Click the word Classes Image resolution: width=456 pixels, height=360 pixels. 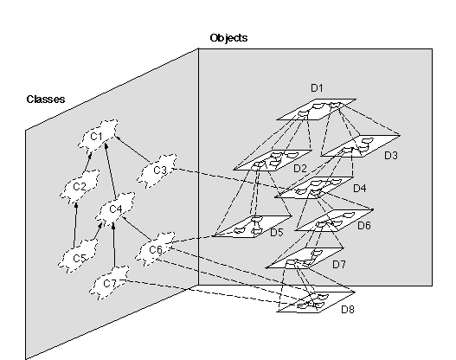[46, 100]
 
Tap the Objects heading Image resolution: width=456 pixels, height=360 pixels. [228, 38]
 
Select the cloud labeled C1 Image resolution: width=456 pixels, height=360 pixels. [99, 136]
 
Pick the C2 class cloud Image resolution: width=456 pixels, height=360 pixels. [80, 187]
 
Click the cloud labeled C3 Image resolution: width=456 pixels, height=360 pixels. [157, 170]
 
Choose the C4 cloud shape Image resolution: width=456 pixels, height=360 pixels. [115, 209]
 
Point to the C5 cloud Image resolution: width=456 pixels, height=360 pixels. [78, 256]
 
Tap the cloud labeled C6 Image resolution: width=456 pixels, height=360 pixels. [156, 249]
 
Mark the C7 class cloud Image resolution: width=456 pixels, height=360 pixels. [109, 282]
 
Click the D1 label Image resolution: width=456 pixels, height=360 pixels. [317, 87]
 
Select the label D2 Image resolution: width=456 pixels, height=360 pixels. [300, 169]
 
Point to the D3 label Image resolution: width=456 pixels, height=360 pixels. [391, 156]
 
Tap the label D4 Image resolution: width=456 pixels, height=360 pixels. [359, 189]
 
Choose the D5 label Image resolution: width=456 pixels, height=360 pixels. [277, 232]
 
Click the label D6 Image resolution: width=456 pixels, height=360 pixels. [364, 225]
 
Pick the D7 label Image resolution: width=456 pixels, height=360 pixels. [339, 264]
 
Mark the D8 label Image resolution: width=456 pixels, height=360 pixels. [348, 310]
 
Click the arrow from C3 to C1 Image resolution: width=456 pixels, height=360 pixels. [132, 149]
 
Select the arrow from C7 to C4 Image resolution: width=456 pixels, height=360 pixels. [113, 245]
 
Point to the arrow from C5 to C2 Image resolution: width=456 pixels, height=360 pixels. [75, 226]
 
